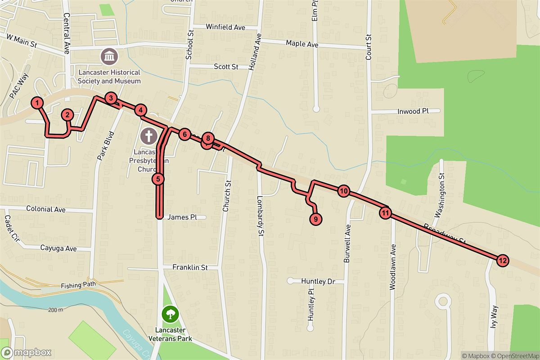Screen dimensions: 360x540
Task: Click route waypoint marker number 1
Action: coord(38,103)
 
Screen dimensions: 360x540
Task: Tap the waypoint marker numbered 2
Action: coord(67,115)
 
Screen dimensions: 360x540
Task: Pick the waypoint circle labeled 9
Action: coord(316,219)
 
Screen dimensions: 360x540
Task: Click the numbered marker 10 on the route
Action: coord(343,191)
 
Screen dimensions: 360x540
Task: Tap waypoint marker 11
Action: coord(385,213)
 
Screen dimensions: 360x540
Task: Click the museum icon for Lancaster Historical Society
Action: coord(110,57)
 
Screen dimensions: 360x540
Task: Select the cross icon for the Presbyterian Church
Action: coord(148,135)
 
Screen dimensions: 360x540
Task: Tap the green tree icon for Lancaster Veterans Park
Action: coord(170,314)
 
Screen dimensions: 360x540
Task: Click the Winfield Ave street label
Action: coord(225,27)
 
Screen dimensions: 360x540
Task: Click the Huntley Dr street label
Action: coord(319,282)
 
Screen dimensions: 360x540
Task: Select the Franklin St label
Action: coord(190,267)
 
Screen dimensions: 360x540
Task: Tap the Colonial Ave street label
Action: coord(46,209)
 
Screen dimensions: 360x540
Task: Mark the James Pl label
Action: coord(182,217)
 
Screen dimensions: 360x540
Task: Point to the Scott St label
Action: coord(226,67)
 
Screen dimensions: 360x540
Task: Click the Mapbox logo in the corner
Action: coord(26,352)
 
